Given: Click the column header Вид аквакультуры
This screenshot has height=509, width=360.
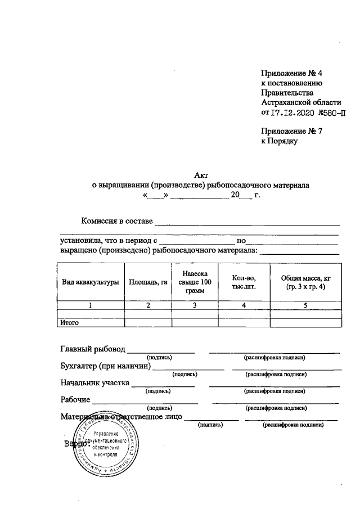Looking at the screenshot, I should pyautogui.click(x=90, y=282).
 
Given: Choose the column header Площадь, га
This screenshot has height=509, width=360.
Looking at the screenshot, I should pyautogui.click(x=148, y=282).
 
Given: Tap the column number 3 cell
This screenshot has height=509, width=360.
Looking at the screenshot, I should pyautogui.click(x=195, y=305).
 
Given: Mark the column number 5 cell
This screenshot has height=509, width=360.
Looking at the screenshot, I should pyautogui.click(x=306, y=305).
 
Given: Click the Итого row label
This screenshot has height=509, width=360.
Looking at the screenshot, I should pyautogui.click(x=69, y=323).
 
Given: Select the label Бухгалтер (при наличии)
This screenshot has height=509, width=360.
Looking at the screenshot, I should pyautogui.click(x=106, y=367).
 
